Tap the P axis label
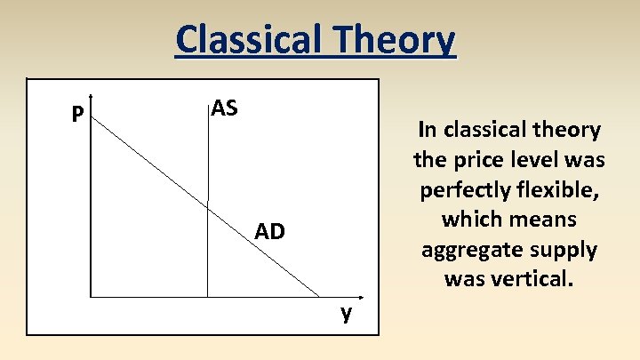[78, 114]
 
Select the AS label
[225, 109]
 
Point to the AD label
[269, 232]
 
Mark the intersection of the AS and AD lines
[207, 205]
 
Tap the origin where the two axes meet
[91, 296]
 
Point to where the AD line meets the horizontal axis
[319, 296]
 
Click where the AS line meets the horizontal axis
[207, 296]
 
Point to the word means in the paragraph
[545, 220]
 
